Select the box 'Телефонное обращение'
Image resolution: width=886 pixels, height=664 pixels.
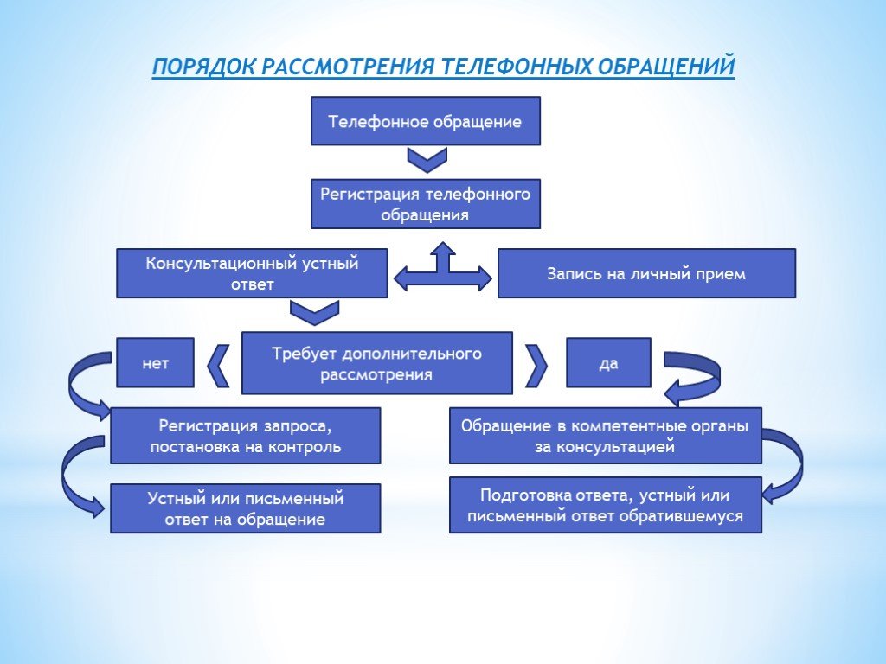(425, 121)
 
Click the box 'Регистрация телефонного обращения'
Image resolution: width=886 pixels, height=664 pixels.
(425, 204)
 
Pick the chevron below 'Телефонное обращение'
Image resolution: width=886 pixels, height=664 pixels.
(426, 160)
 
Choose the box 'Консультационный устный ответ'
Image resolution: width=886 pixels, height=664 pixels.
(252, 273)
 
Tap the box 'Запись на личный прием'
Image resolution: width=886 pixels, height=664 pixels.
(645, 273)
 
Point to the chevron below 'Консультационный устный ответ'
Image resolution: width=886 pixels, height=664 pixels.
(314, 312)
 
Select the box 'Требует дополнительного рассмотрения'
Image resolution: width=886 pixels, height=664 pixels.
(376, 363)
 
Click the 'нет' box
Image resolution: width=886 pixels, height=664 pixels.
(155, 363)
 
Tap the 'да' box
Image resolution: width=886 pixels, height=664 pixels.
(608, 363)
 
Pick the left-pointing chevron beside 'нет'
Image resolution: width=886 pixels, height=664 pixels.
(219, 365)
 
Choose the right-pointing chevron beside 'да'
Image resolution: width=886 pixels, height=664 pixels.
(537, 365)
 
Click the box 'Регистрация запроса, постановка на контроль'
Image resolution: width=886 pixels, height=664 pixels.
(245, 436)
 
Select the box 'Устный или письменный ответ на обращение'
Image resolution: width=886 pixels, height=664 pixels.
(245, 508)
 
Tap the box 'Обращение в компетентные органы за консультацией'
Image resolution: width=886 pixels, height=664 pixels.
(605, 436)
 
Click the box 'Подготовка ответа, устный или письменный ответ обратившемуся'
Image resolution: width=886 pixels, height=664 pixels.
(605, 505)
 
